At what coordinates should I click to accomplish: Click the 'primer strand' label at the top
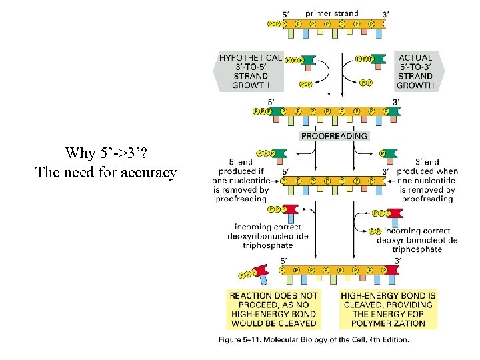(x=331, y=13)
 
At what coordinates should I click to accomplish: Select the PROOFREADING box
(x=334, y=135)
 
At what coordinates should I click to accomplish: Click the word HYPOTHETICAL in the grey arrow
(x=251, y=58)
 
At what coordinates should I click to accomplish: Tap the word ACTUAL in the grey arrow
(x=415, y=58)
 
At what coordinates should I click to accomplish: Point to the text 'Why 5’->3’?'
(x=106, y=153)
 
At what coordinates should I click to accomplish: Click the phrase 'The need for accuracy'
(x=106, y=173)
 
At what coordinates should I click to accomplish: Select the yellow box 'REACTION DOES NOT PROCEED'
(x=273, y=309)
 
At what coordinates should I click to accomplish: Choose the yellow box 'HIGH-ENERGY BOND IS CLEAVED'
(x=388, y=309)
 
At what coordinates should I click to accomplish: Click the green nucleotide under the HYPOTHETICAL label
(x=308, y=61)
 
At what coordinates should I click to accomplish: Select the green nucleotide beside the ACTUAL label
(x=378, y=61)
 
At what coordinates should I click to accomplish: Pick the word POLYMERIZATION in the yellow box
(x=388, y=323)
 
